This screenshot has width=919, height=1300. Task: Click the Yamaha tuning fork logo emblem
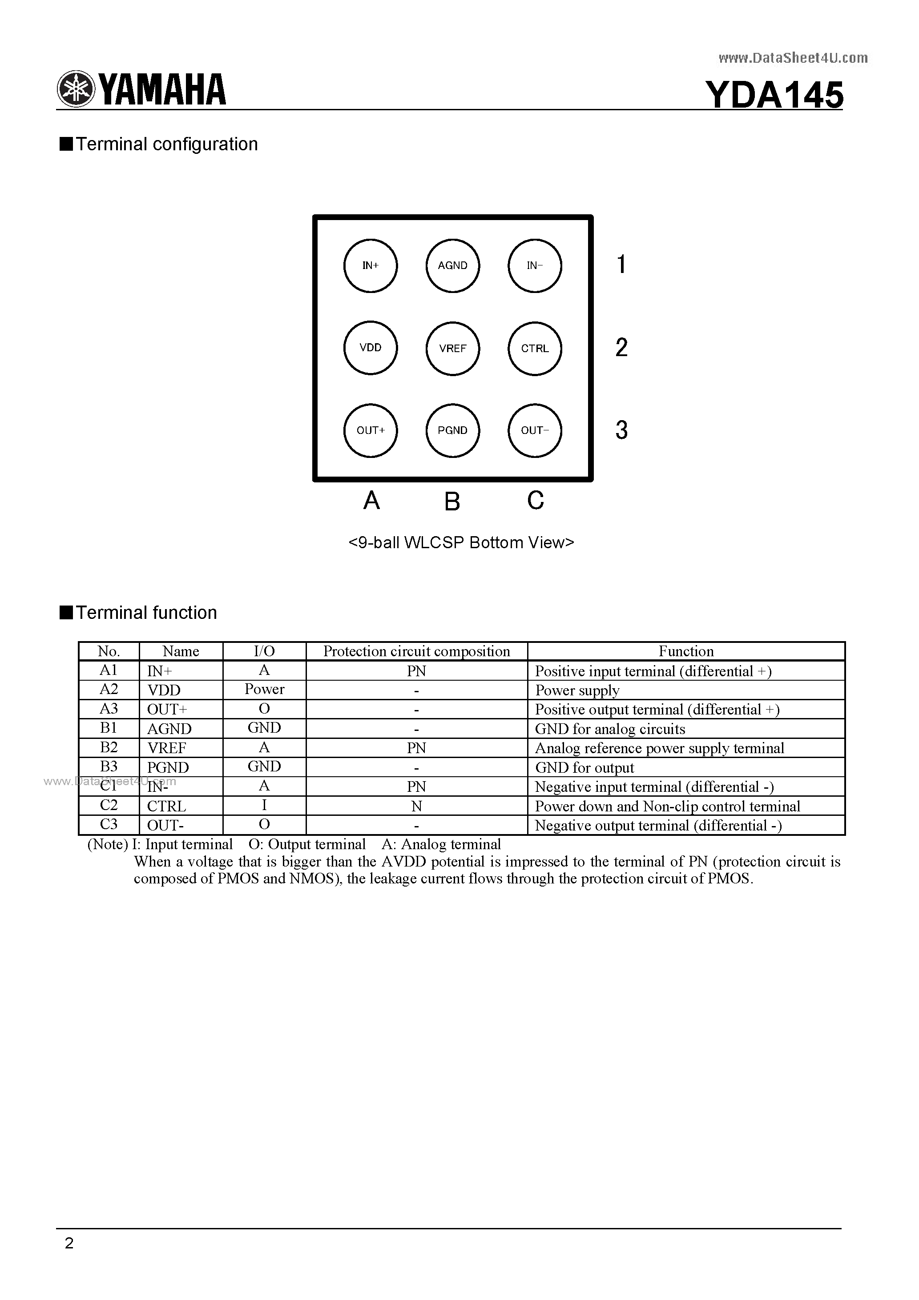[75, 89]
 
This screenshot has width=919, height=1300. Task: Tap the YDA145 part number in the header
[774, 95]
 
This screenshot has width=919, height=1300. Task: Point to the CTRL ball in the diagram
[535, 348]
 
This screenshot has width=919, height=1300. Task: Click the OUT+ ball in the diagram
[371, 430]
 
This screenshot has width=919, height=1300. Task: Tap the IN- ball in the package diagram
[535, 265]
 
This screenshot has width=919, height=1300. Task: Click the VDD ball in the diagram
[371, 348]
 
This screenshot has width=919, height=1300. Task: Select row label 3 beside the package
[621, 430]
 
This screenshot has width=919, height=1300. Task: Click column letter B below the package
[452, 501]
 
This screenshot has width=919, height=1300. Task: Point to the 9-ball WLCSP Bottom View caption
[461, 542]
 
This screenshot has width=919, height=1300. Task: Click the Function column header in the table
[685, 651]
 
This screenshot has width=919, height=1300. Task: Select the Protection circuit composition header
[416, 651]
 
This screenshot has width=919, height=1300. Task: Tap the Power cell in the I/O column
[264, 690]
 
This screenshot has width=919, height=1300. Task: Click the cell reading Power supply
[577, 690]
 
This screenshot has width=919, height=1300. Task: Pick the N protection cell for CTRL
[416, 806]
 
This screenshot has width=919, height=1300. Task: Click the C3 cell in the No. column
[109, 824]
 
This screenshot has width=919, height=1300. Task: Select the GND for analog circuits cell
[610, 729]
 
